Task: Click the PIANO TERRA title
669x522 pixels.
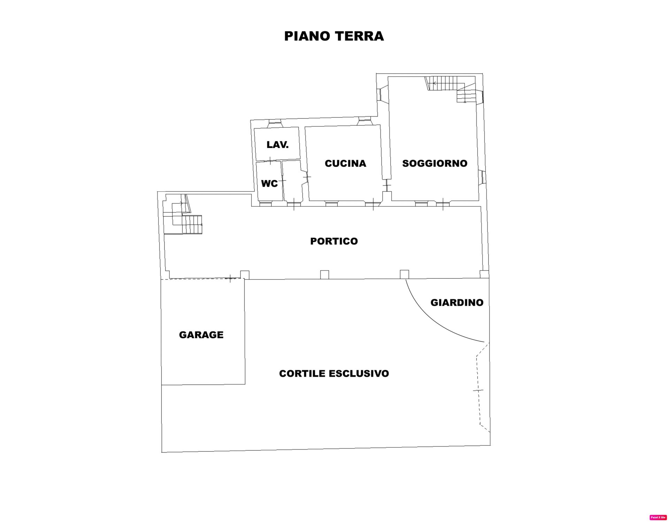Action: click(334, 36)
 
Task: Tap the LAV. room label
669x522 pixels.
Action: click(278, 145)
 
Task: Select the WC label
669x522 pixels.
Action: click(269, 183)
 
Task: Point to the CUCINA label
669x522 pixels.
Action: click(345, 163)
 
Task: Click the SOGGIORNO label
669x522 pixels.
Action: click(435, 163)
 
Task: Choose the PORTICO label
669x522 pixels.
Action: click(334, 241)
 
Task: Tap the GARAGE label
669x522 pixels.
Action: click(201, 335)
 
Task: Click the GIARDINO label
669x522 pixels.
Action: click(457, 302)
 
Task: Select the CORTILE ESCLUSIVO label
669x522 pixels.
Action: click(334, 374)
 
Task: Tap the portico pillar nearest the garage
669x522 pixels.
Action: click(245, 275)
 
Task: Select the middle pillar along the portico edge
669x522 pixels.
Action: click(324, 275)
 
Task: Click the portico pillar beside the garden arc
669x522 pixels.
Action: click(404, 274)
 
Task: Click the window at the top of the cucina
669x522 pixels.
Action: click(365, 121)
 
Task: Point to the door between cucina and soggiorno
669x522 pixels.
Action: click(386, 185)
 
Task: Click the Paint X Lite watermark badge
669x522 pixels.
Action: click(658, 517)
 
